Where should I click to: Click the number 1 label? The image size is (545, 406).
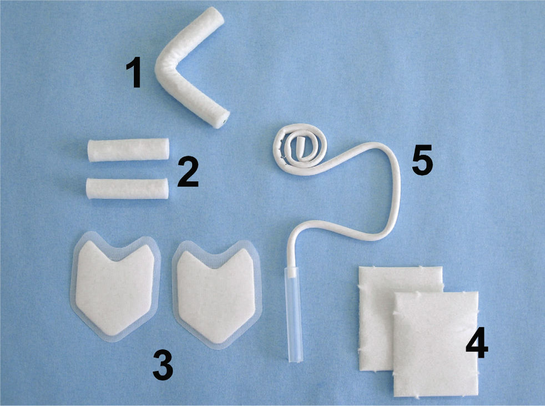pos(134,73)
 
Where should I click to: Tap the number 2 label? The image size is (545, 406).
pos(188,172)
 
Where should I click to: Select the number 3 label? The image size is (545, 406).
pos(163,365)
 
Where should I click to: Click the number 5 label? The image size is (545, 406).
pos(422,160)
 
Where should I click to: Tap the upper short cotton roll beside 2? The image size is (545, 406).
pos(128,150)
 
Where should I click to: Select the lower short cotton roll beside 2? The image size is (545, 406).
pos(127,189)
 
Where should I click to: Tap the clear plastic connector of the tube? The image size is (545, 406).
pos(294,314)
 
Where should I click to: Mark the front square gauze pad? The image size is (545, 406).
pos(436,344)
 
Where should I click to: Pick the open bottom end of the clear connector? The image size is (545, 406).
pos(295,360)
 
